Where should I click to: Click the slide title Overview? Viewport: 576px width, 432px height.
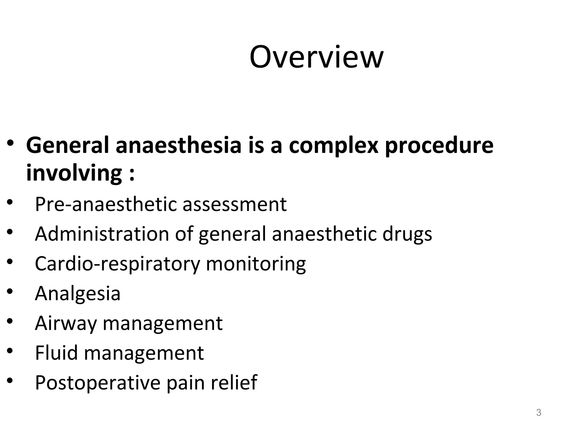tap(316, 57)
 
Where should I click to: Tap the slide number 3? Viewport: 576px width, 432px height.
tap(539, 412)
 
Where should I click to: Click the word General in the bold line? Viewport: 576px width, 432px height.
tap(67, 145)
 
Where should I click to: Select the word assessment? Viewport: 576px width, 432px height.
tap(235, 204)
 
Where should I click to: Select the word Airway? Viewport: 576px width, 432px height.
tap(66, 324)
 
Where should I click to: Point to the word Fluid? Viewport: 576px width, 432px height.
tap(56, 353)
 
